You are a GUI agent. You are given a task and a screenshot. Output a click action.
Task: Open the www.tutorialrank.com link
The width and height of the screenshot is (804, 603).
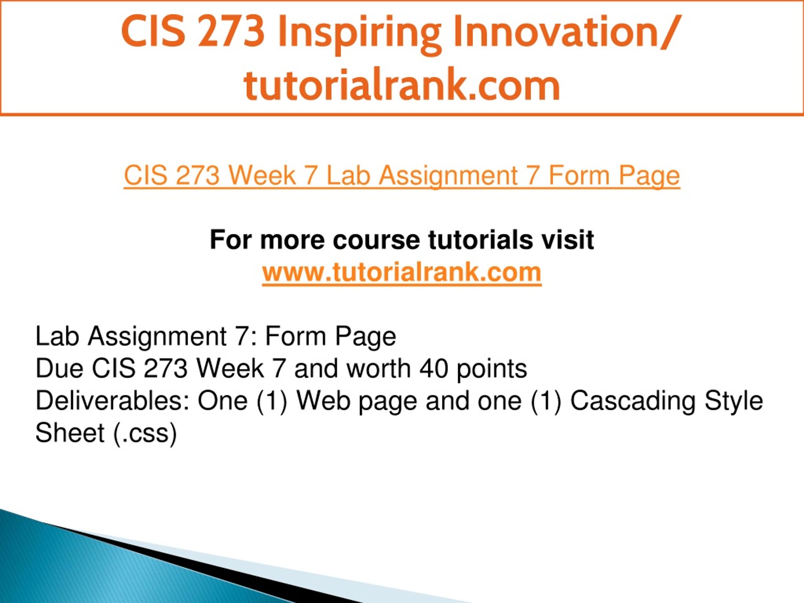[x=402, y=272]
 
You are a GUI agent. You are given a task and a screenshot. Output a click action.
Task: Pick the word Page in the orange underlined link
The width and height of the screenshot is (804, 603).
[x=649, y=177]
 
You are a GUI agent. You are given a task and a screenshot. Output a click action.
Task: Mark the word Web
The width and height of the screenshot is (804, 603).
[x=323, y=401]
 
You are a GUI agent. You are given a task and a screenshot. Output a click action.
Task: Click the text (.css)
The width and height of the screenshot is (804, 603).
[x=145, y=434]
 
